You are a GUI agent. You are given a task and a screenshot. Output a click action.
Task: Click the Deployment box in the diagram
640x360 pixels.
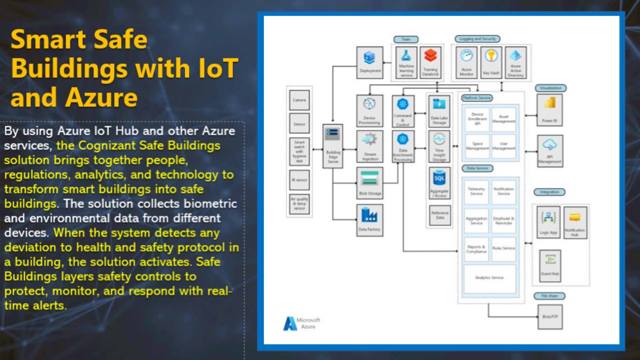point(370,62)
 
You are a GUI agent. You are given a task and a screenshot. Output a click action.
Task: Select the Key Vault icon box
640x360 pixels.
point(491,62)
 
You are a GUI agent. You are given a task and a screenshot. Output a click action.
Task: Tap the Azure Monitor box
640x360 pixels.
point(466,62)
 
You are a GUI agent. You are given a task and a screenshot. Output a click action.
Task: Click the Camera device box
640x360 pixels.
point(299,100)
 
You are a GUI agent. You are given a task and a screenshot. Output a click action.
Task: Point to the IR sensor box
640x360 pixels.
point(299,180)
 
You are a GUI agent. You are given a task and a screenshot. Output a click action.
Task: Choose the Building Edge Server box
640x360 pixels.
point(332,146)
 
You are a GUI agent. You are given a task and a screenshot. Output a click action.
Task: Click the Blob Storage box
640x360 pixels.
point(370,183)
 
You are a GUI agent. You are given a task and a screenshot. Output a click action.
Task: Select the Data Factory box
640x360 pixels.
point(370,220)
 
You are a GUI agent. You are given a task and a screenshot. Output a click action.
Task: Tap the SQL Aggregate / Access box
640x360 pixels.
point(439,183)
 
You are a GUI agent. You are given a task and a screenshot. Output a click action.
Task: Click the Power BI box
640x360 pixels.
point(549,110)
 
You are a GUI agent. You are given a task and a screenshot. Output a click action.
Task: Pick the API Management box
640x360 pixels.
point(549,150)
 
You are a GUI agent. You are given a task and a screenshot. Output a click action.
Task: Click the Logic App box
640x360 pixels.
point(549,222)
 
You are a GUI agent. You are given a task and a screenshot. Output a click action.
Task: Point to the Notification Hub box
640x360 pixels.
point(575,222)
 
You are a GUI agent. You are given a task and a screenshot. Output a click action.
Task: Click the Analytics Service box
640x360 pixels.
point(489,278)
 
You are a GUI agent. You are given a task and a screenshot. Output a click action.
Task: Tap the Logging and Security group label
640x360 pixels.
point(477,39)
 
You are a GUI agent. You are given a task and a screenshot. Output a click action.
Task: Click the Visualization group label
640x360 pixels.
point(550,88)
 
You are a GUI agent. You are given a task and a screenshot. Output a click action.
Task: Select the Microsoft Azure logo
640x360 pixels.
point(301,323)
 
